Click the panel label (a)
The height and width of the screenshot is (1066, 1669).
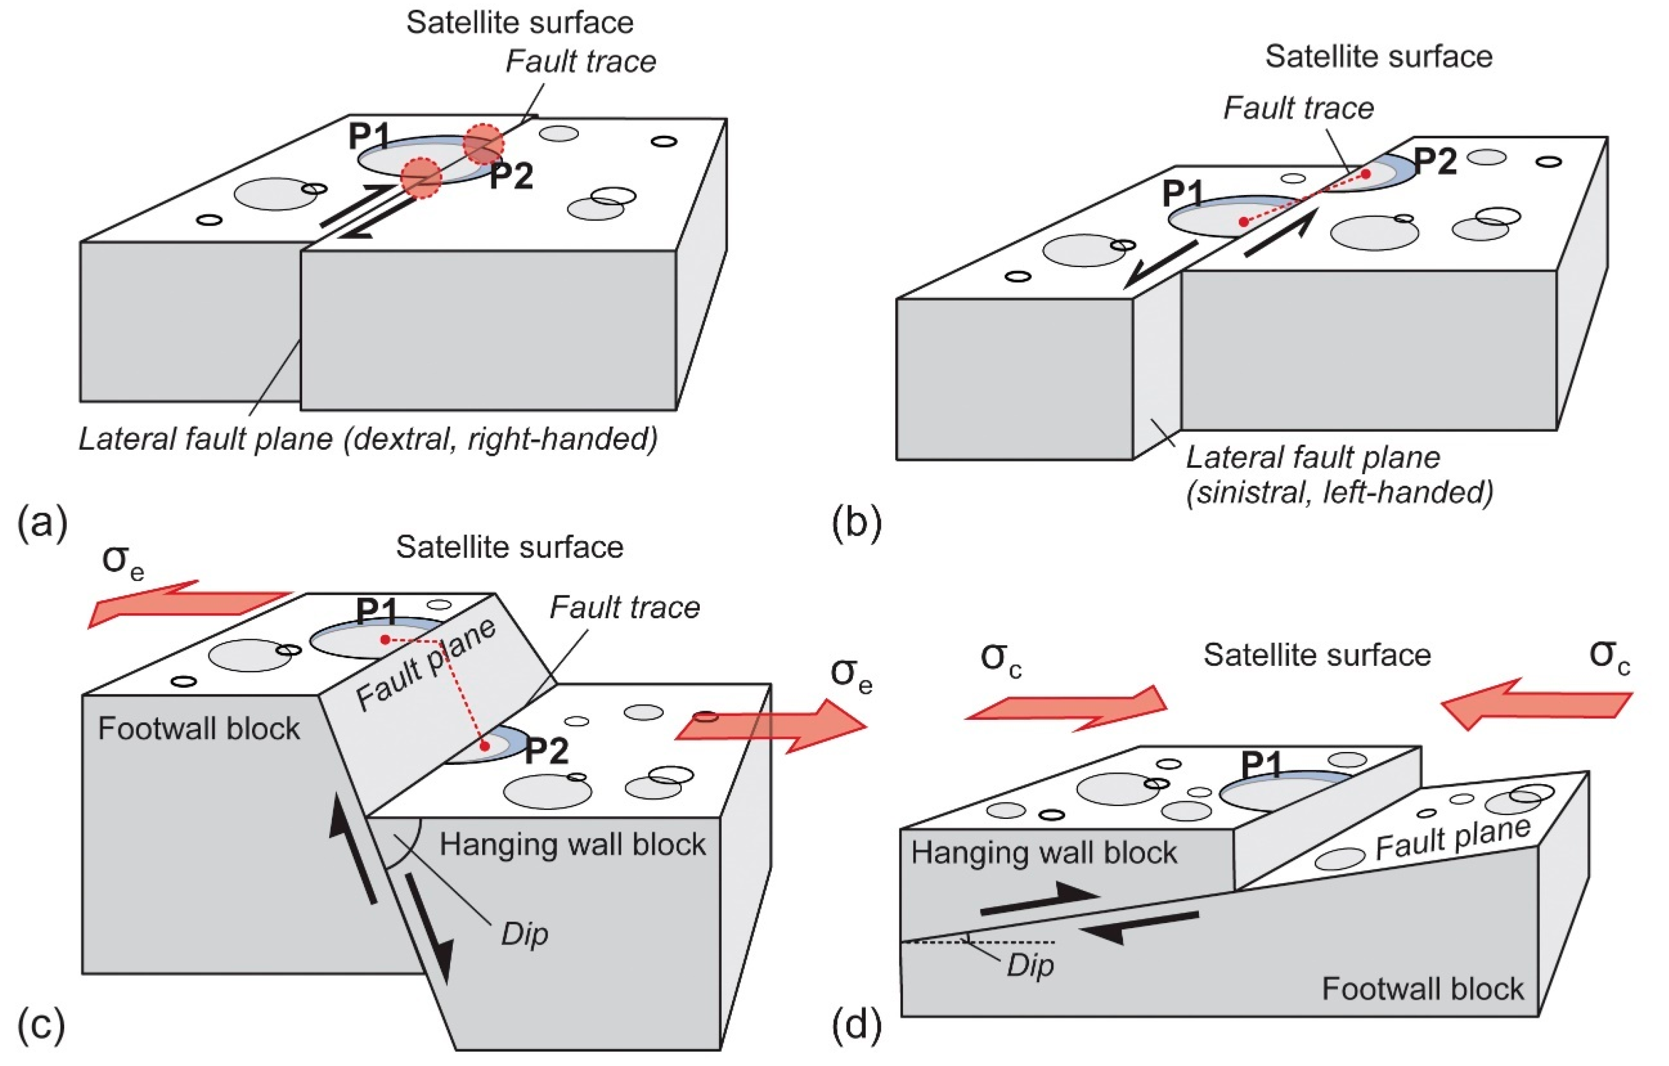tap(41, 522)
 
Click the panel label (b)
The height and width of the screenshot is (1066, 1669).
tap(856, 522)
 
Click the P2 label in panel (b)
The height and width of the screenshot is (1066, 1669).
tap(1435, 161)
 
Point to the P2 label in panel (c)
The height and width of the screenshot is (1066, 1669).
tap(547, 750)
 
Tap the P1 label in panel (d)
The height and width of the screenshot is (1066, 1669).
tap(1262, 766)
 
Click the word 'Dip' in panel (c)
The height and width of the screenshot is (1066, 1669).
tap(525, 934)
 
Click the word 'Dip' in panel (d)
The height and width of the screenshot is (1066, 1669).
tap(1030, 965)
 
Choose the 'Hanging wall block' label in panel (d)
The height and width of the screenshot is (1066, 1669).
tap(1044, 853)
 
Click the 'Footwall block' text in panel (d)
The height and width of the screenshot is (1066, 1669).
tap(1422, 989)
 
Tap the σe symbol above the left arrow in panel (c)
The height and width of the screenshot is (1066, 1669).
tap(122, 560)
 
